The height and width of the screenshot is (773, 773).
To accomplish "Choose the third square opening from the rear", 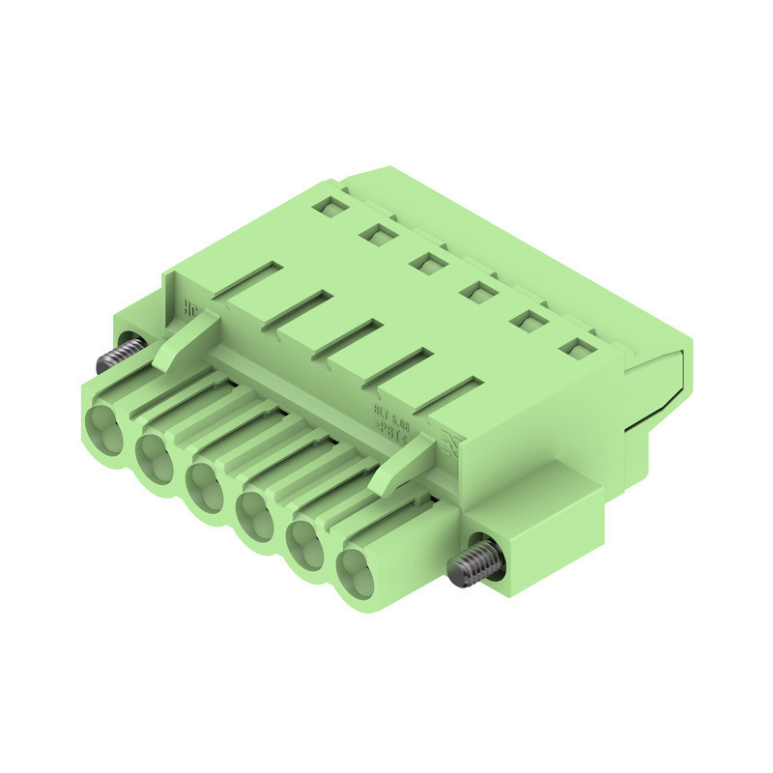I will pyautogui.click(x=426, y=261).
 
